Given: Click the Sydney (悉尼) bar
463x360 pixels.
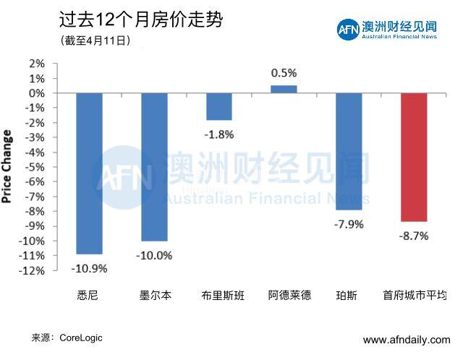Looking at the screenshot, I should pyautogui.click(x=90, y=173).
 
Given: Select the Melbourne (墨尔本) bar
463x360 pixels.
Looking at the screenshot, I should pyautogui.click(x=154, y=167).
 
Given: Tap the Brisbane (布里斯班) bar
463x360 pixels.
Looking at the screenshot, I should pyautogui.click(x=219, y=106).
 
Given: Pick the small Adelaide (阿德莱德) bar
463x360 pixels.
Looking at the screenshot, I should pyautogui.click(x=284, y=89).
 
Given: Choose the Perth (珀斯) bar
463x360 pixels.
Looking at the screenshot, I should pyautogui.click(x=349, y=151).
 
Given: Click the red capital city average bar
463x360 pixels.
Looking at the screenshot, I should pyautogui.click(x=414, y=157).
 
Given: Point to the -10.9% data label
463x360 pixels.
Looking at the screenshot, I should pyautogui.click(x=90, y=268).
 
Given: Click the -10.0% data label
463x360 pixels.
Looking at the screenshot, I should pyautogui.click(x=154, y=254).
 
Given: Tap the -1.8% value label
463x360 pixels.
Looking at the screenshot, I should pyautogui.click(x=219, y=134).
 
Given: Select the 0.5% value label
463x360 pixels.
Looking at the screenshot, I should pyautogui.click(x=284, y=73).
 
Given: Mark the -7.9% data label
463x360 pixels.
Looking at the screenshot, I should pyautogui.click(x=349, y=224).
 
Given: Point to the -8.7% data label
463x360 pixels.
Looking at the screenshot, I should pyautogui.click(x=414, y=236).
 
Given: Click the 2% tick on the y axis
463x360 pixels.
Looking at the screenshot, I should pyautogui.click(x=37, y=64).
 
